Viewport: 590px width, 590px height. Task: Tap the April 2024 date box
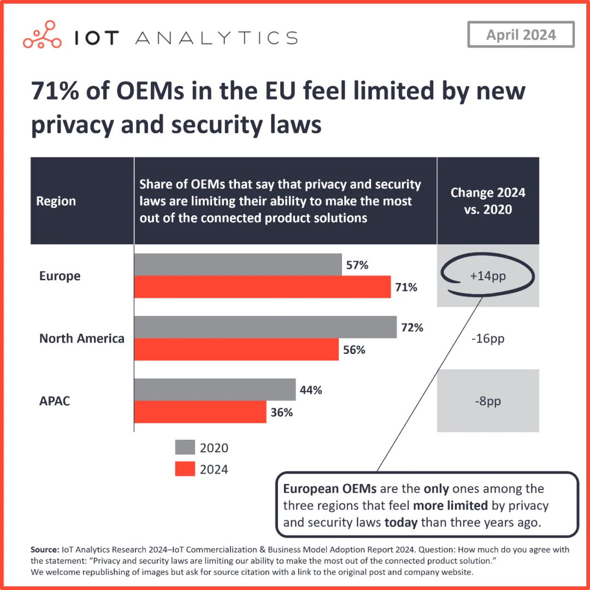pyautogui.click(x=521, y=35)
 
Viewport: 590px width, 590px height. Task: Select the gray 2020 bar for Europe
pyautogui.click(x=238, y=264)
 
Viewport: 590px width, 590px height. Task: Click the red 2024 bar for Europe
pyautogui.click(x=262, y=287)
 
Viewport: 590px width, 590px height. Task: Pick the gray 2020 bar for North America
pyautogui.click(x=265, y=327)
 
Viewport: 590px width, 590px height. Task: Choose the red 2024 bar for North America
pyautogui.click(x=236, y=350)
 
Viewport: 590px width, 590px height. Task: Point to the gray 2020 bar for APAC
pyautogui.click(x=215, y=390)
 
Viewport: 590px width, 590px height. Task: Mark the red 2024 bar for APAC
pyautogui.click(x=200, y=412)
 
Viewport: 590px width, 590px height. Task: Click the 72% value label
pyautogui.click(x=412, y=328)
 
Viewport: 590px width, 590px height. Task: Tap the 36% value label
pyautogui.click(x=282, y=412)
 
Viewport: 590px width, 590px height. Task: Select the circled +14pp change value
pyautogui.click(x=488, y=276)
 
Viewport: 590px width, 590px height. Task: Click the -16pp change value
pyautogui.click(x=488, y=339)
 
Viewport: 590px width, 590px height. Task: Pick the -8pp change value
pyautogui.click(x=488, y=401)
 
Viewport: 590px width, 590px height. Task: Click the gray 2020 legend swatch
pyautogui.click(x=185, y=447)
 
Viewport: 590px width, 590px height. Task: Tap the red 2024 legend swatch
pyautogui.click(x=185, y=469)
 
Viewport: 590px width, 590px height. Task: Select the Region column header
pyautogui.click(x=56, y=201)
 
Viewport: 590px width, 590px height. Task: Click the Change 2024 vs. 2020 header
pyautogui.click(x=488, y=200)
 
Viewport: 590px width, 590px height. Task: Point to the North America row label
pyautogui.click(x=82, y=339)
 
